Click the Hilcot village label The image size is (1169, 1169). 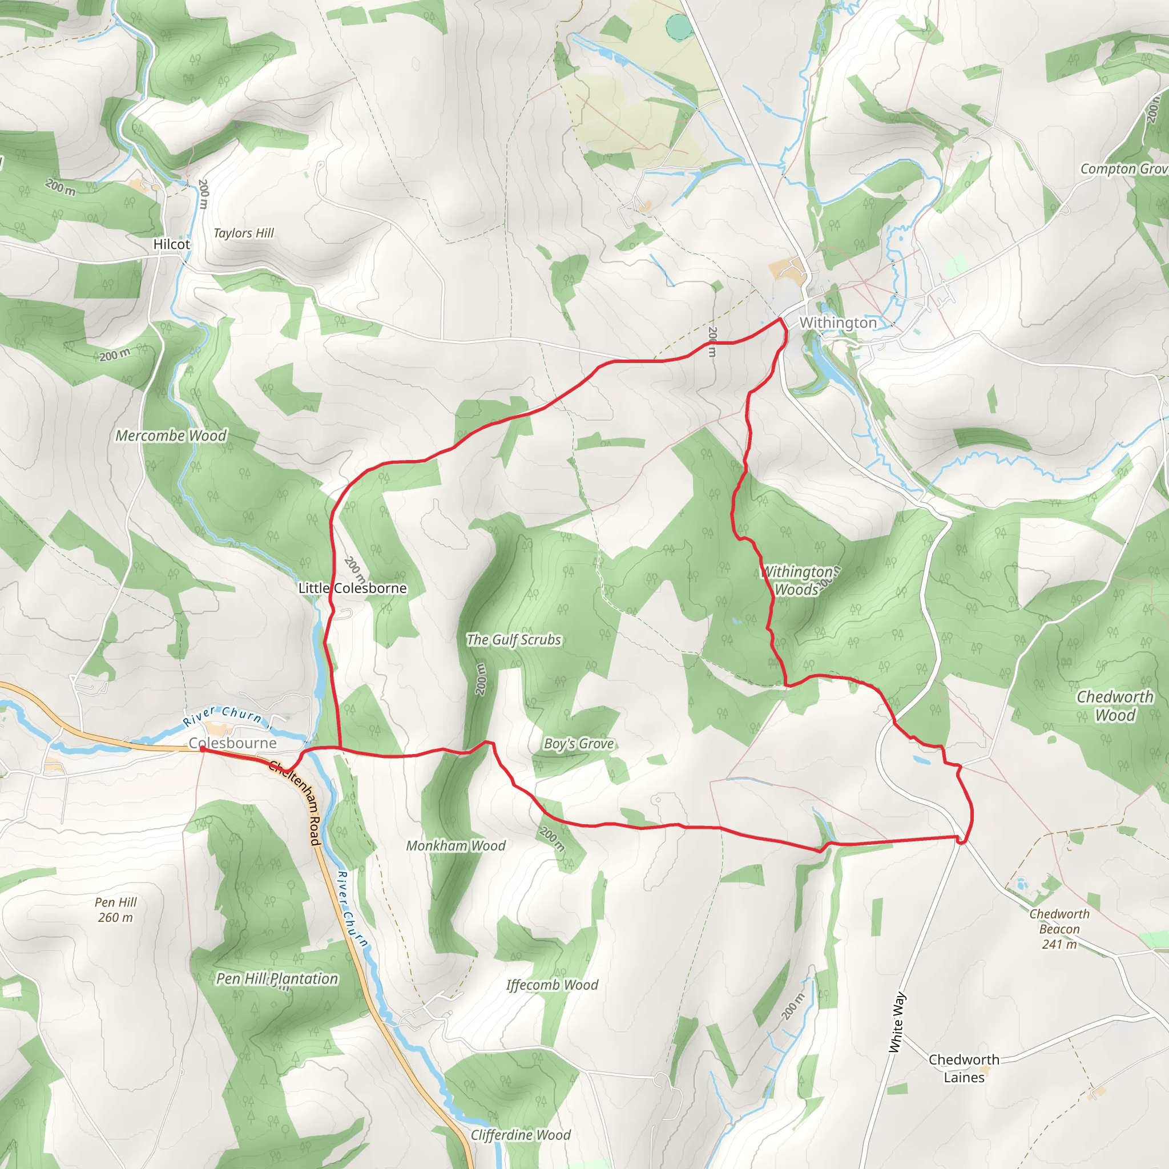pyautogui.click(x=171, y=244)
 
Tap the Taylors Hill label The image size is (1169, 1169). pyautogui.click(x=243, y=233)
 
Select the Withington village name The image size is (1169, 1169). pyautogui.click(x=838, y=323)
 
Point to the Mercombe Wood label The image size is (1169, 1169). pyautogui.click(x=171, y=436)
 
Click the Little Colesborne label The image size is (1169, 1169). pyautogui.click(x=353, y=588)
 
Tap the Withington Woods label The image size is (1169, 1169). pyautogui.click(x=798, y=581)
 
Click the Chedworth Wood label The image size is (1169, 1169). pyautogui.click(x=1115, y=706)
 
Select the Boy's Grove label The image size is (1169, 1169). pyautogui.click(x=578, y=744)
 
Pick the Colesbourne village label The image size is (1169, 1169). pyautogui.click(x=233, y=743)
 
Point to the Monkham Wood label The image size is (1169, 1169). pyautogui.click(x=455, y=846)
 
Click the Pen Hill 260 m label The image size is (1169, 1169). pyautogui.click(x=115, y=909)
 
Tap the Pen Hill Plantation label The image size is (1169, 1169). pyautogui.click(x=277, y=978)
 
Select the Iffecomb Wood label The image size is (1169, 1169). pyautogui.click(x=552, y=985)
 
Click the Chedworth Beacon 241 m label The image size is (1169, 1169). pyautogui.click(x=1059, y=929)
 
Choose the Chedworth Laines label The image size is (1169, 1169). pyautogui.click(x=964, y=1069)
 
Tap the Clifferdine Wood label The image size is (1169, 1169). pyautogui.click(x=521, y=1135)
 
